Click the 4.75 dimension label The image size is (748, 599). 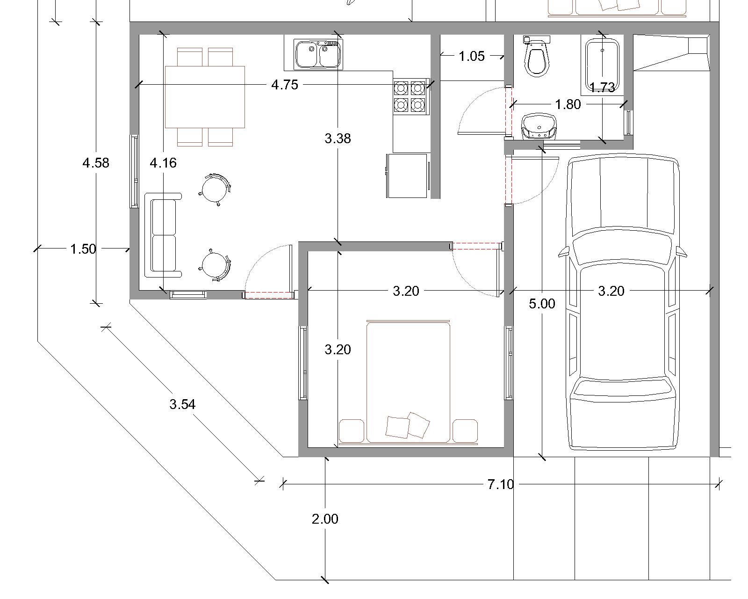click(285, 85)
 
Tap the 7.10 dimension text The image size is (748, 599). click(501, 484)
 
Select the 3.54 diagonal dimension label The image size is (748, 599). click(182, 404)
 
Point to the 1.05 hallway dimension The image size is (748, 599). click(472, 56)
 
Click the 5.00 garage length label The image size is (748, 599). click(542, 304)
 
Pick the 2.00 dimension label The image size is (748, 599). click(325, 519)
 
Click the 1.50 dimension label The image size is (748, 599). click(83, 249)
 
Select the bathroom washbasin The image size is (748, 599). click(539, 126)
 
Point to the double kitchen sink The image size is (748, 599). click(318, 54)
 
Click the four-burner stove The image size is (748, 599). click(410, 96)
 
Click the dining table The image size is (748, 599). click(205, 97)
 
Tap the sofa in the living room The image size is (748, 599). click(162, 236)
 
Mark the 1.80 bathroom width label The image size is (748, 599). click(568, 104)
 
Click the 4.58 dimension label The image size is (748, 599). click(96, 163)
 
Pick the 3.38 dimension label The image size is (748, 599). click(338, 139)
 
